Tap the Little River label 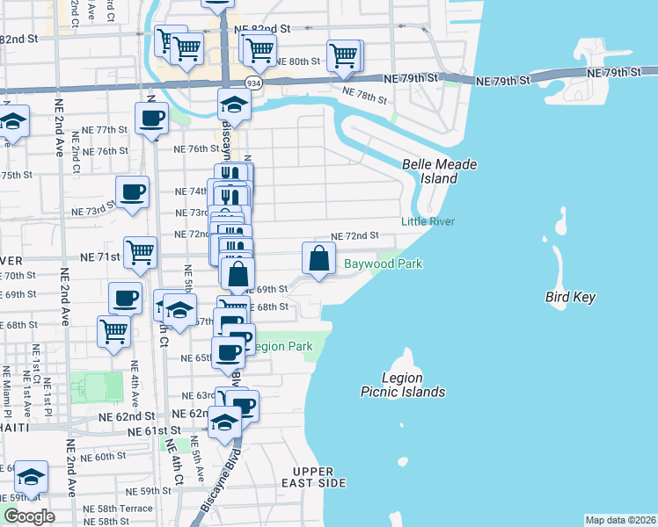(428, 221)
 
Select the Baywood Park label (383, 263)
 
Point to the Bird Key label (570, 297)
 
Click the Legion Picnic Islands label (403, 385)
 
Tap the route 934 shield (254, 83)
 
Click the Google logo (29, 516)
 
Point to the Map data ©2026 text (621, 519)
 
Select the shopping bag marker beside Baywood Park (318, 258)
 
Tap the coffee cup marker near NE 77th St (151, 118)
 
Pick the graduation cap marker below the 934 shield (235, 105)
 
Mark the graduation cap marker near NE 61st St (225, 423)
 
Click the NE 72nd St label (354, 236)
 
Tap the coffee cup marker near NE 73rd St (133, 191)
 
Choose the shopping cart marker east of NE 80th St (344, 56)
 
